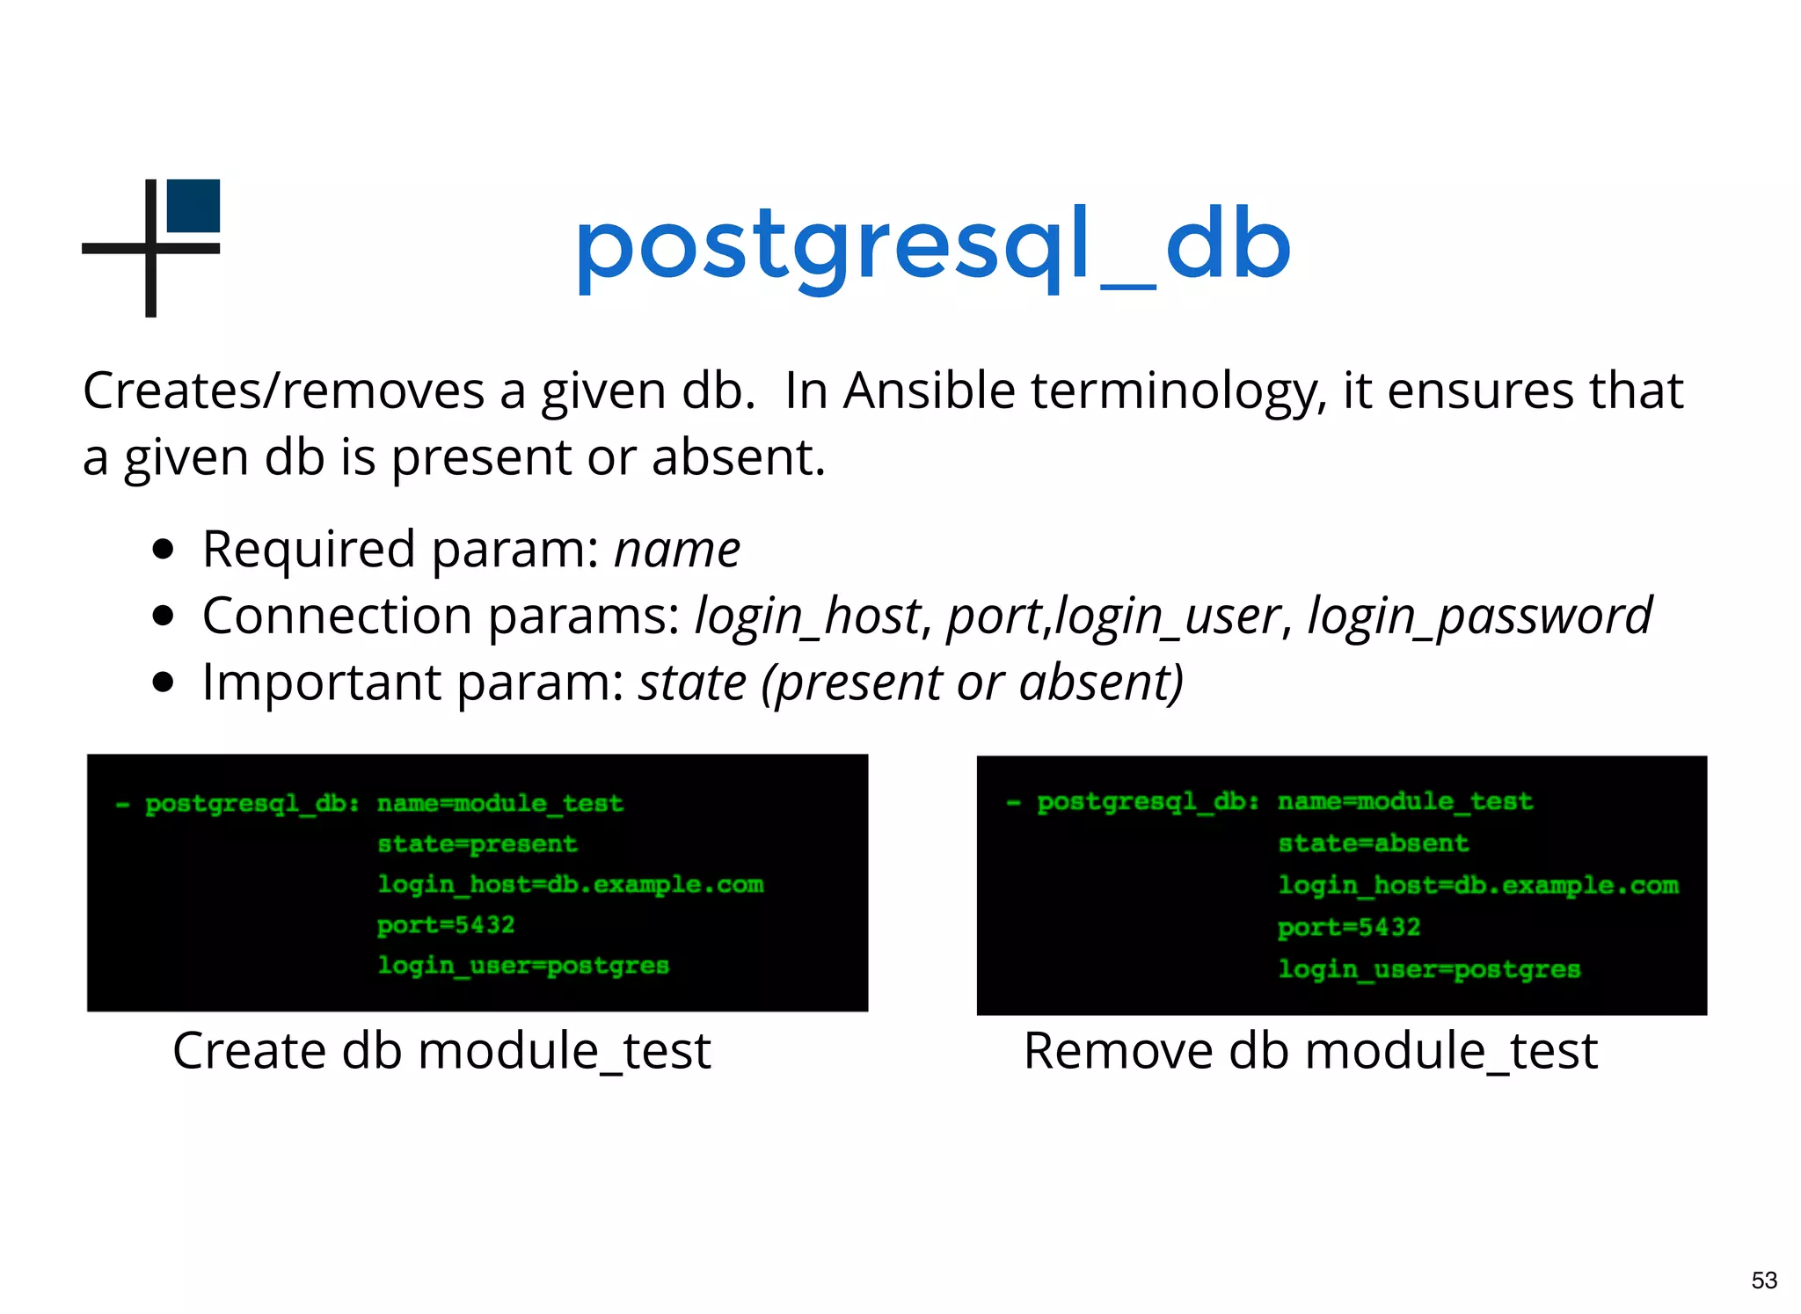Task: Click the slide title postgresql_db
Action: pyautogui.click(x=932, y=246)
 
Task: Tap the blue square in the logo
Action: pyautogui.click(x=193, y=206)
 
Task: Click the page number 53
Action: pyautogui.click(x=1763, y=1280)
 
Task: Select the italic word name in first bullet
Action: pyautogui.click(x=677, y=550)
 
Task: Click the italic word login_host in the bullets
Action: pyautogui.click(x=807, y=616)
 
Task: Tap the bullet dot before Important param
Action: pyautogui.click(x=163, y=683)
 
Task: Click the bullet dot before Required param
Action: pyautogui.click(x=163, y=550)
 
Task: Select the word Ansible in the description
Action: pyautogui.click(x=929, y=391)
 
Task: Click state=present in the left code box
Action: pyautogui.click(x=478, y=844)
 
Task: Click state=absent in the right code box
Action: pyautogui.click(x=1373, y=843)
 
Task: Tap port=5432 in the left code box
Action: pyautogui.click(x=446, y=925)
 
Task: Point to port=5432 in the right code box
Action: pyautogui.click(x=1348, y=927)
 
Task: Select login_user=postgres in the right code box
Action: pyautogui.click(x=1429, y=969)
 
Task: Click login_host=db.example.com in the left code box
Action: pyautogui.click(x=570, y=885)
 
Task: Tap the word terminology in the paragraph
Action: pyautogui.click(x=1178, y=391)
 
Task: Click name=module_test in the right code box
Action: pyautogui.click(x=1404, y=801)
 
